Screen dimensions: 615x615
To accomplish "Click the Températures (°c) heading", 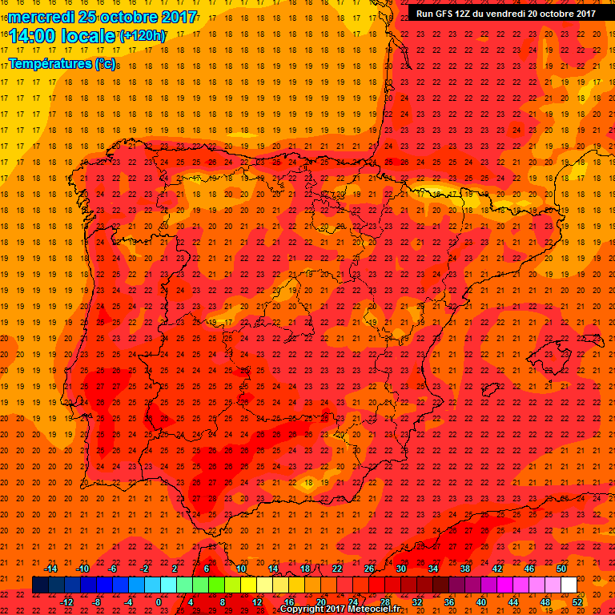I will coord(62,63).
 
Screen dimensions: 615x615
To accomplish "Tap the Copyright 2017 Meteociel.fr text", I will coord(340,609).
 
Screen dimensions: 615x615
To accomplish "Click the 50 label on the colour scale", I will coord(561,569).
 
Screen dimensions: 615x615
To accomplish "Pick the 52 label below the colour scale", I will coord(578,602).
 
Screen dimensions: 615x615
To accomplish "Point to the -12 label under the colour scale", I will coord(66,602).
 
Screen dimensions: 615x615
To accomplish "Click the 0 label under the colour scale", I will coord(159,602).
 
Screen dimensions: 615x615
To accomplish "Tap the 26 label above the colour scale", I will coord(369,569).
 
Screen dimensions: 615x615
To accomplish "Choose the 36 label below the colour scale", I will coord(449,602).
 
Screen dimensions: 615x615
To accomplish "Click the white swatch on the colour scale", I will coord(569,585).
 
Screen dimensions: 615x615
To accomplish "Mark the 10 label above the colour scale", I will coord(240,569).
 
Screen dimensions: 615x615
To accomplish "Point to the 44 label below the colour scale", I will coord(513,602).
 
